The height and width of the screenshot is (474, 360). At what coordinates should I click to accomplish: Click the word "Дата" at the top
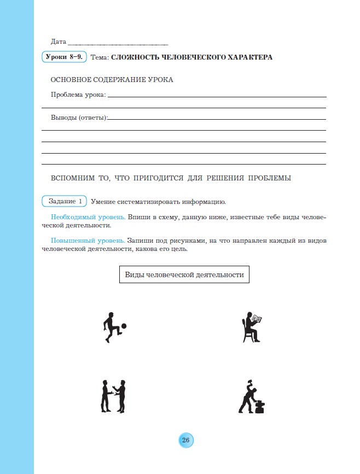point(58,42)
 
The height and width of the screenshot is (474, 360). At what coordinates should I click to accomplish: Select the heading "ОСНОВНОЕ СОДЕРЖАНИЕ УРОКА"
point(112,80)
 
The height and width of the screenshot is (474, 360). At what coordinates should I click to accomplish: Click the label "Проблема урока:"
point(78,95)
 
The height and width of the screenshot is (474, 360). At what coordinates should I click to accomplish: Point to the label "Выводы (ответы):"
point(79,118)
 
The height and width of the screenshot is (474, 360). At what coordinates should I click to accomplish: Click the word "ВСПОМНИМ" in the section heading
point(73,178)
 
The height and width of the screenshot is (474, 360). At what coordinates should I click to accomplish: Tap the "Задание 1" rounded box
point(65,201)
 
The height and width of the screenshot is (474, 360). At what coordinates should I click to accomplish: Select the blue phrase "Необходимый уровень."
point(88,217)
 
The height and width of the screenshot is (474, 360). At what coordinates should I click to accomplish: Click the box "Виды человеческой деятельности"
point(184,275)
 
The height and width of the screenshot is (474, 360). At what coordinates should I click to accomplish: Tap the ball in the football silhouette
point(124,326)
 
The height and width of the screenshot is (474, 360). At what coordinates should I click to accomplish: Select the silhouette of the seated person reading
point(253,327)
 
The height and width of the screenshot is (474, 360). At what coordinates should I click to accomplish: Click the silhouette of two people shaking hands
point(114,396)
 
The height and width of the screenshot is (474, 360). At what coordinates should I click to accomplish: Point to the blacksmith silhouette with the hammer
point(252,396)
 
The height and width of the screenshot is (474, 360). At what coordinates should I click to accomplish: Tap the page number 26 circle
point(185,441)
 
